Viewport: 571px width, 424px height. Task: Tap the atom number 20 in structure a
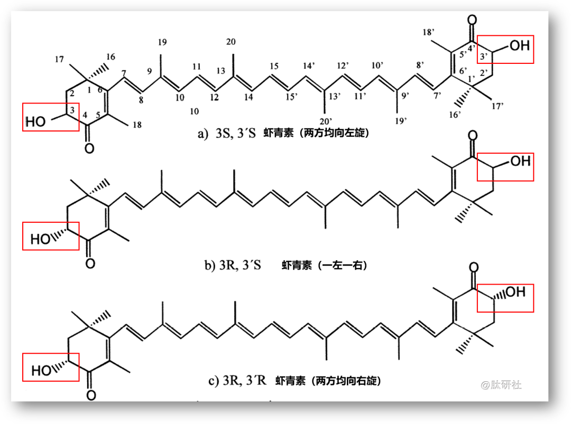pos(231,42)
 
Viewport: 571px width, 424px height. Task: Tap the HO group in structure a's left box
pos(36,122)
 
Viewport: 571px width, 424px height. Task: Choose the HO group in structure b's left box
pos(40,240)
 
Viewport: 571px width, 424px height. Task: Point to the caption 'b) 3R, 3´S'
pos(233,265)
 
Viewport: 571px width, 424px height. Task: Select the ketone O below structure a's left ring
pos(89,148)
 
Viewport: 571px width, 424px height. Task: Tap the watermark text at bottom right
pos(501,385)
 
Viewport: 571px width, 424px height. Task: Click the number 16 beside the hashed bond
pos(111,56)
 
